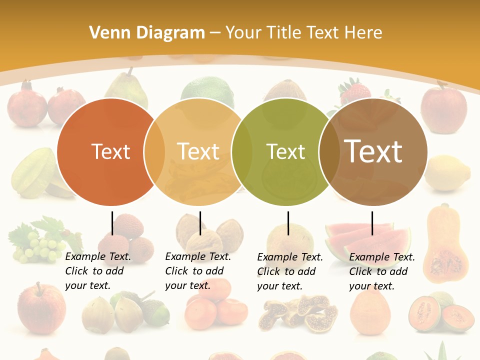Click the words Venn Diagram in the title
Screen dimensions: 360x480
(147, 33)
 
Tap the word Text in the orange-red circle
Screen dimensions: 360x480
(110, 151)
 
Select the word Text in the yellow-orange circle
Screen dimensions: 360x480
(198, 151)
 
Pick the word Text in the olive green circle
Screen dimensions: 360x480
(285, 151)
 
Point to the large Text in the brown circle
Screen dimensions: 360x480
(373, 151)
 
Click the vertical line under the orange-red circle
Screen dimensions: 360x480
(112, 223)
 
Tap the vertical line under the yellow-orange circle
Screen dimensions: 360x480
(200, 223)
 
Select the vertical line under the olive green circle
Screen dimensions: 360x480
(288, 223)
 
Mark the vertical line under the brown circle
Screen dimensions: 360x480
(372, 223)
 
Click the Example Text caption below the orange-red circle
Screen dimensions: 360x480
(97, 271)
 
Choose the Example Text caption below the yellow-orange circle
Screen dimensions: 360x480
(197, 271)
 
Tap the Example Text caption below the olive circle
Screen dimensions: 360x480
(289, 271)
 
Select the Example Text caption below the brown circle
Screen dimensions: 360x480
(381, 271)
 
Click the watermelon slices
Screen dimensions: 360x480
(367, 238)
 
